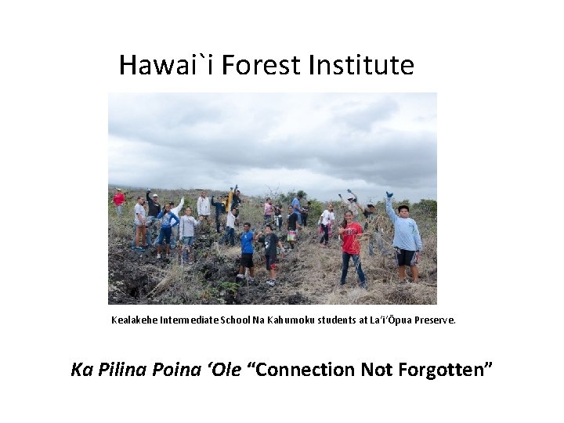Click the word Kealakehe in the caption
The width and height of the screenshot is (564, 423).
point(133,320)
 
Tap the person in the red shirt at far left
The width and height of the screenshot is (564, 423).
point(119,199)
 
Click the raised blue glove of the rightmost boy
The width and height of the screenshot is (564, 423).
point(389,194)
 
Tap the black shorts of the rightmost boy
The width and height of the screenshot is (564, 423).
point(406,257)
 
